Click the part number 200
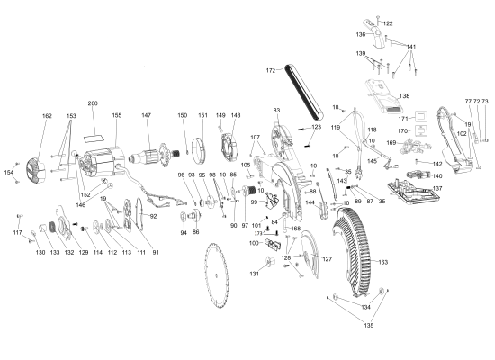pos(93,103)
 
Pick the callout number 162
pos(48,116)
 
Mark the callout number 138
pos(404,95)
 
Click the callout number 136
pos(361,35)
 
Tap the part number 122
pos(388,23)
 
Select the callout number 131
pos(255,274)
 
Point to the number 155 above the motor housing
pos(116,116)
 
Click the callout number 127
pos(327,259)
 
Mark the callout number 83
pos(277,110)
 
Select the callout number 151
pos(202,116)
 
